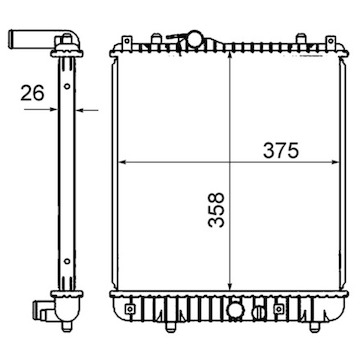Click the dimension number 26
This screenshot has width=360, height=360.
[x=32, y=93]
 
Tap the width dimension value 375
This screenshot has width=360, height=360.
[x=281, y=151]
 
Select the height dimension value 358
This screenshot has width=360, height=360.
[x=216, y=210]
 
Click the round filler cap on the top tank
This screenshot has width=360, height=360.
[x=194, y=38]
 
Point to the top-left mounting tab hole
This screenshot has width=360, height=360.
[x=127, y=41]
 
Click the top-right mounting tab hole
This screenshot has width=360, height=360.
[x=330, y=41]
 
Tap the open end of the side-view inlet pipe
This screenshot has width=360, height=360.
[x=11, y=35]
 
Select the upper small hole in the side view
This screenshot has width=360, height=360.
[x=67, y=86]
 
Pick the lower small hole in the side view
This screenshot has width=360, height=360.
[x=67, y=261]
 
